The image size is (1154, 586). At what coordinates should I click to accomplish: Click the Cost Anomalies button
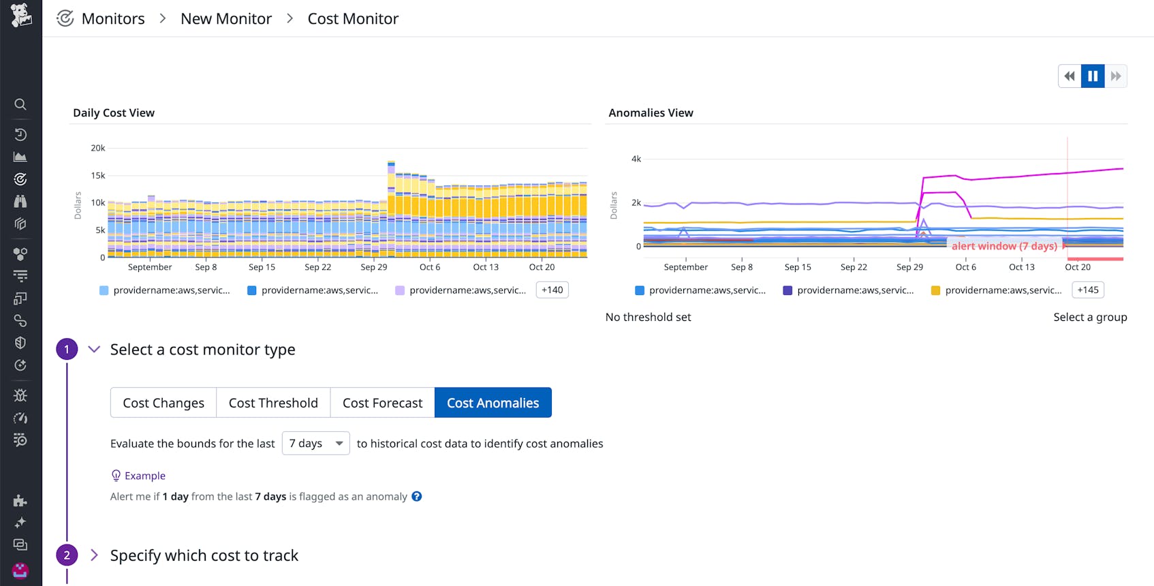tap(493, 403)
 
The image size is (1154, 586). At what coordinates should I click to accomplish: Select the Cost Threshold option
tap(273, 403)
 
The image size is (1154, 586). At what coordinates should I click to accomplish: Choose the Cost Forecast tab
tap(382, 403)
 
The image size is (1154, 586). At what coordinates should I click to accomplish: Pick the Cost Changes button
tap(163, 403)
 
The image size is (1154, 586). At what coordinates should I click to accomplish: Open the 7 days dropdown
tap(315, 444)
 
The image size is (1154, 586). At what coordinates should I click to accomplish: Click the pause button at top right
tap(1093, 76)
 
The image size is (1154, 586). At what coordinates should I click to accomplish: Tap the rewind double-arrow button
tap(1070, 76)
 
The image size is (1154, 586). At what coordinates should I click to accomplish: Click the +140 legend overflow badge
tap(552, 290)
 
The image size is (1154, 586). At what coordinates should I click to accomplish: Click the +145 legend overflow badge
tap(1088, 290)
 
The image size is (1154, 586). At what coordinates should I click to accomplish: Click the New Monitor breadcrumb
tap(226, 19)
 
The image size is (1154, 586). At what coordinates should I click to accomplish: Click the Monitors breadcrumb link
tap(113, 19)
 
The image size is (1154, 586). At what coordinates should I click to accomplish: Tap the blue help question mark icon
tap(417, 497)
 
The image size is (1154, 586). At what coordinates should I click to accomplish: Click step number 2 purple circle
tap(67, 555)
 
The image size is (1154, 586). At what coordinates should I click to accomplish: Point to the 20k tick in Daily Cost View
tap(98, 148)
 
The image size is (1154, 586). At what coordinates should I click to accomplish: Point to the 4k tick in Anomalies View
tap(636, 159)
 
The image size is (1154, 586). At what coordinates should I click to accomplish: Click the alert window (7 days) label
tap(1004, 246)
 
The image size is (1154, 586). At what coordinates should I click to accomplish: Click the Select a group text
tap(1090, 317)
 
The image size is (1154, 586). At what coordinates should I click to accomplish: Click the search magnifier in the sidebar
tap(20, 104)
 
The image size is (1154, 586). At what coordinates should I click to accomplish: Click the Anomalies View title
tap(651, 113)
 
